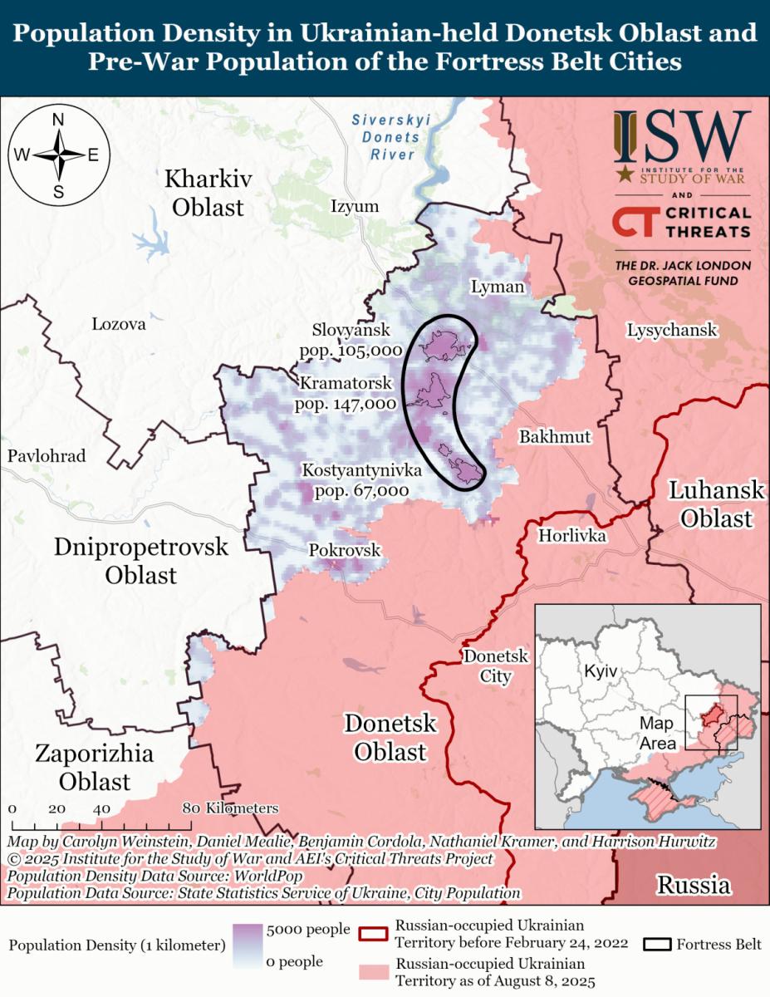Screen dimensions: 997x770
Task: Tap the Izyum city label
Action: pyautogui.click(x=354, y=206)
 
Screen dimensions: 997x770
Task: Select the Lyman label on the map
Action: pyautogui.click(x=498, y=287)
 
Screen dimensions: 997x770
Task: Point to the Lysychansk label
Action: pyautogui.click(x=671, y=330)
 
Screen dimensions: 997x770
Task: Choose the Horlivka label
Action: pyautogui.click(x=572, y=536)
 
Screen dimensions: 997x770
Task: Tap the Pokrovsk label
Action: pyautogui.click(x=344, y=550)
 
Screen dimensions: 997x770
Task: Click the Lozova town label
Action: pyautogui.click(x=119, y=324)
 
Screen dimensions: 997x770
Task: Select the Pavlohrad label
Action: pyautogui.click(x=47, y=456)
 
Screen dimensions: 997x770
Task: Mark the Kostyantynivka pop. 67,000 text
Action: pyautogui.click(x=361, y=490)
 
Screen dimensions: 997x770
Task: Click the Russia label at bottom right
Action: pyautogui.click(x=694, y=885)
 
